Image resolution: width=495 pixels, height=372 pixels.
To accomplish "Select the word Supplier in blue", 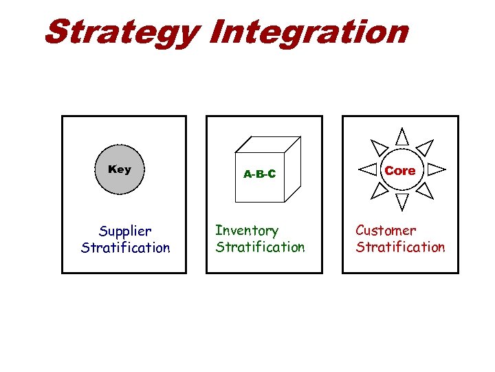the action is [125, 231].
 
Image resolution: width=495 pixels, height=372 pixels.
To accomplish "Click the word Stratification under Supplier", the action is [125, 247].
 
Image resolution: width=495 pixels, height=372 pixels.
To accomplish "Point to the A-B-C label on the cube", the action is [259, 174].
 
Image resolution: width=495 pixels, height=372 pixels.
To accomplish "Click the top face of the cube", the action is [268, 145].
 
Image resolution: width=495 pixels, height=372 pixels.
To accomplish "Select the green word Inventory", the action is [247, 230].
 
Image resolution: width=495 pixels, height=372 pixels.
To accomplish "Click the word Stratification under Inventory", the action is [260, 247].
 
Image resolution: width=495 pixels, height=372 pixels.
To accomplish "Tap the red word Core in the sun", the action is [400, 170].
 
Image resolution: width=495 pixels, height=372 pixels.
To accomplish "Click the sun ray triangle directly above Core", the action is [402, 136].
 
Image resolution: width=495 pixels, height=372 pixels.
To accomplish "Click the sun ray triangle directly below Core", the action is [402, 201].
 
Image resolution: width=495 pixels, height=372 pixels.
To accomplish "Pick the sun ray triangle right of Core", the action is [436, 168].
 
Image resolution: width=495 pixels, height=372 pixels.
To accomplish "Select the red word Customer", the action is [386, 230].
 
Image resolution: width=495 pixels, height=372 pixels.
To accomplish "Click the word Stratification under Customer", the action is [400, 247].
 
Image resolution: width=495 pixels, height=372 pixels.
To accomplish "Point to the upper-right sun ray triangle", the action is [426, 146].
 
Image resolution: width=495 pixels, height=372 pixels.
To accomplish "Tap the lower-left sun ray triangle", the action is [379, 190].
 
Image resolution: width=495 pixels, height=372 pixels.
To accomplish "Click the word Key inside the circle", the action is [120, 169].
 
